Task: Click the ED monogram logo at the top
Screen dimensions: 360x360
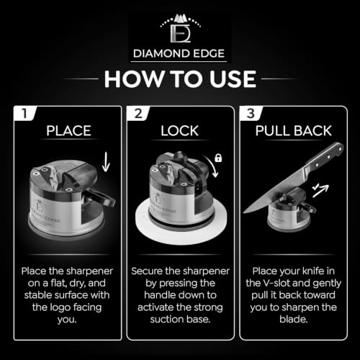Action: click(180, 28)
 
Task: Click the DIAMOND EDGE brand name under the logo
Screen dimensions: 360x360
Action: click(179, 53)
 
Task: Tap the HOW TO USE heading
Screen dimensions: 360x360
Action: click(180, 79)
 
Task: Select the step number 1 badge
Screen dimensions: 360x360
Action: click(24, 113)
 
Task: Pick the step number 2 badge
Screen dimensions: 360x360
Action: click(138, 113)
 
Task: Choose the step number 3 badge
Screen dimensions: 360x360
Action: click(251, 113)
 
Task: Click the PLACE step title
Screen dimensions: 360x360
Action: click(68, 131)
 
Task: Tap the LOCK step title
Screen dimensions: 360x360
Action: click(179, 131)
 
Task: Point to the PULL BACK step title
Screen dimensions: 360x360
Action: click(293, 131)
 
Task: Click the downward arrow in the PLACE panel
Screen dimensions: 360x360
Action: click(106, 162)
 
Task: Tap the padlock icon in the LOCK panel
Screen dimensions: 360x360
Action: click(218, 158)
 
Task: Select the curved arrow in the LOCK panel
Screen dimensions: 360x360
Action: click(212, 166)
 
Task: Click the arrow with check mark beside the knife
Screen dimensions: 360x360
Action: click(320, 190)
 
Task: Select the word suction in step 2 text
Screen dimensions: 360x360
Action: click(164, 319)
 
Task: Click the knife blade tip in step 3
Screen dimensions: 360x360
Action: click(244, 212)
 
